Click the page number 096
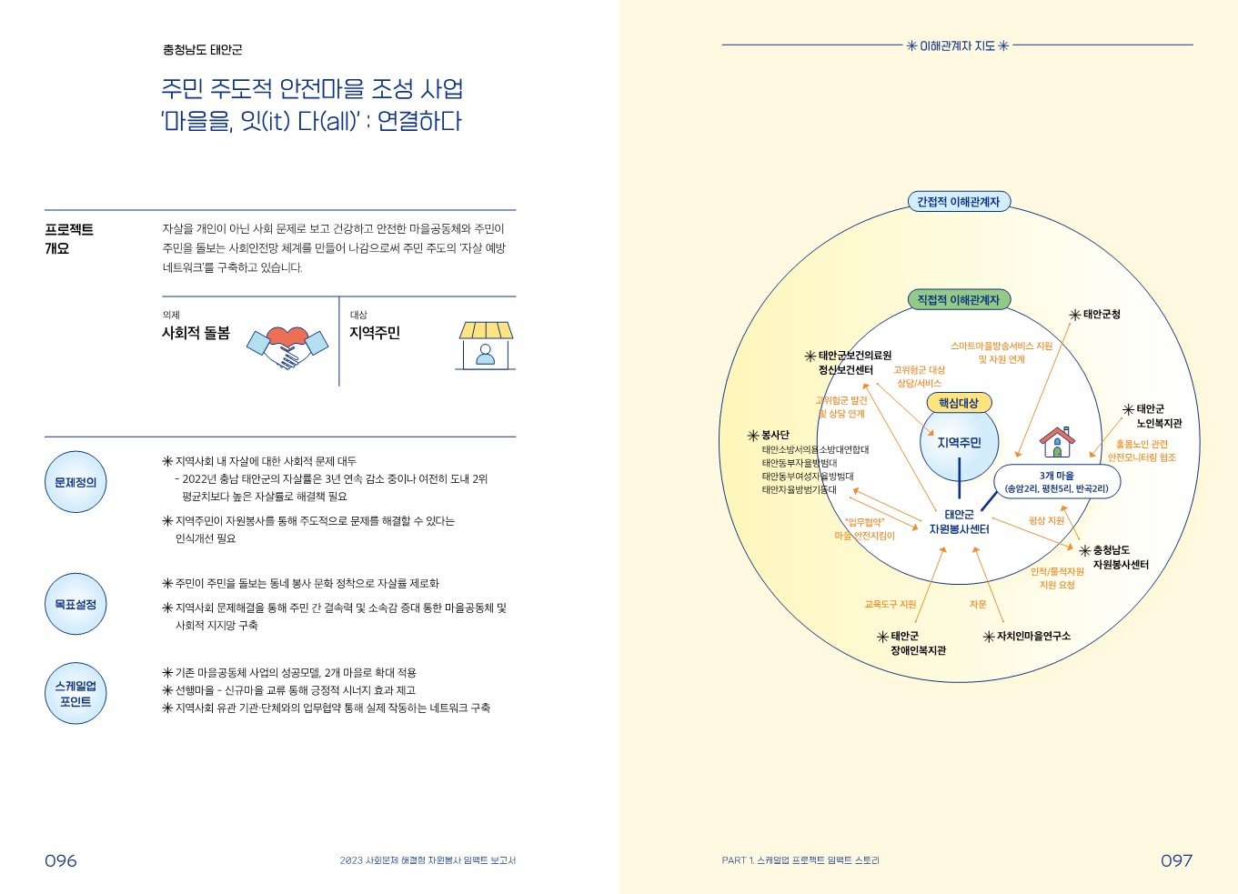61,860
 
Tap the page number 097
1176,860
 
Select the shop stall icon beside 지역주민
486,345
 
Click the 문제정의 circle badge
75,482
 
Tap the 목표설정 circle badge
75,604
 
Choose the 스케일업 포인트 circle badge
75,693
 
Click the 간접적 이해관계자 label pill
958,202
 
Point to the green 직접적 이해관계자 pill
958,299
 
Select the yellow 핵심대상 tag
959,403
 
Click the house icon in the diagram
1057,442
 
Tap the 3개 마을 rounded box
1057,482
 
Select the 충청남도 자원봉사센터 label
1119,557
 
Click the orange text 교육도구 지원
890,604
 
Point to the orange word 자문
978,604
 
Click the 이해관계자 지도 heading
958,45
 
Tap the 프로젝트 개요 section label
69,238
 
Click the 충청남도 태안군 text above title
202,50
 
